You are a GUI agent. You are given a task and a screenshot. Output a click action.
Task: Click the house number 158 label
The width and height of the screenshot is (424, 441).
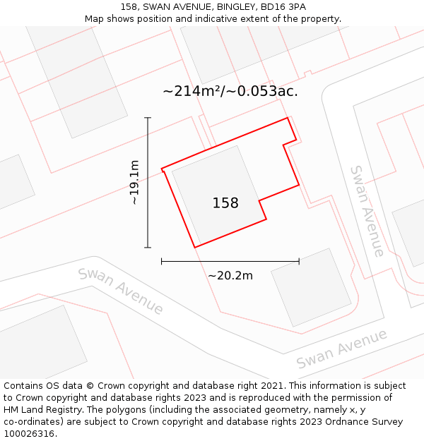(225, 203)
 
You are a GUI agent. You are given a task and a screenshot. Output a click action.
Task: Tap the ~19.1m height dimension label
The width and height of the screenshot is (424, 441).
(134, 182)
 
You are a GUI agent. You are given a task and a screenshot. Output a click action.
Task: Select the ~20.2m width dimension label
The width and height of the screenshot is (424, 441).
(230, 275)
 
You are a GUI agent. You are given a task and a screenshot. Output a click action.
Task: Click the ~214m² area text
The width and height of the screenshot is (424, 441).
(192, 91)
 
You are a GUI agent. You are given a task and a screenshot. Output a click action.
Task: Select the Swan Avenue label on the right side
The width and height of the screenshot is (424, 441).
(367, 211)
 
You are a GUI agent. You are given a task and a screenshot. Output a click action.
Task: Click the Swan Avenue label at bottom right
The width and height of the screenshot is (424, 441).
(341, 349)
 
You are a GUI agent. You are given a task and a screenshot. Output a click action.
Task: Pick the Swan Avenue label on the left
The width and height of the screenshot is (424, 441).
(121, 291)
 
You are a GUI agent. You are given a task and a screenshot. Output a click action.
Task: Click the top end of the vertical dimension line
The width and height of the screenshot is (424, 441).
(148, 118)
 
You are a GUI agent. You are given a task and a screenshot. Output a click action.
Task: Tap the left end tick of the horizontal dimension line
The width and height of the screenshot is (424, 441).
(162, 261)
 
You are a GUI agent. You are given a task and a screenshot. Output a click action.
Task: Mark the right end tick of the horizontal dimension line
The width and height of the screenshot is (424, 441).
(299, 261)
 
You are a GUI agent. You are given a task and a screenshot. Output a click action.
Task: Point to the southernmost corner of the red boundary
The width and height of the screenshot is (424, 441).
(195, 247)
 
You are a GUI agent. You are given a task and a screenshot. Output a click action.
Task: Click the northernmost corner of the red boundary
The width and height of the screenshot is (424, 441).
(287, 118)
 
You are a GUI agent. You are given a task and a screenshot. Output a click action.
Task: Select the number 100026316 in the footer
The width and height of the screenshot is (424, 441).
(28, 433)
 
